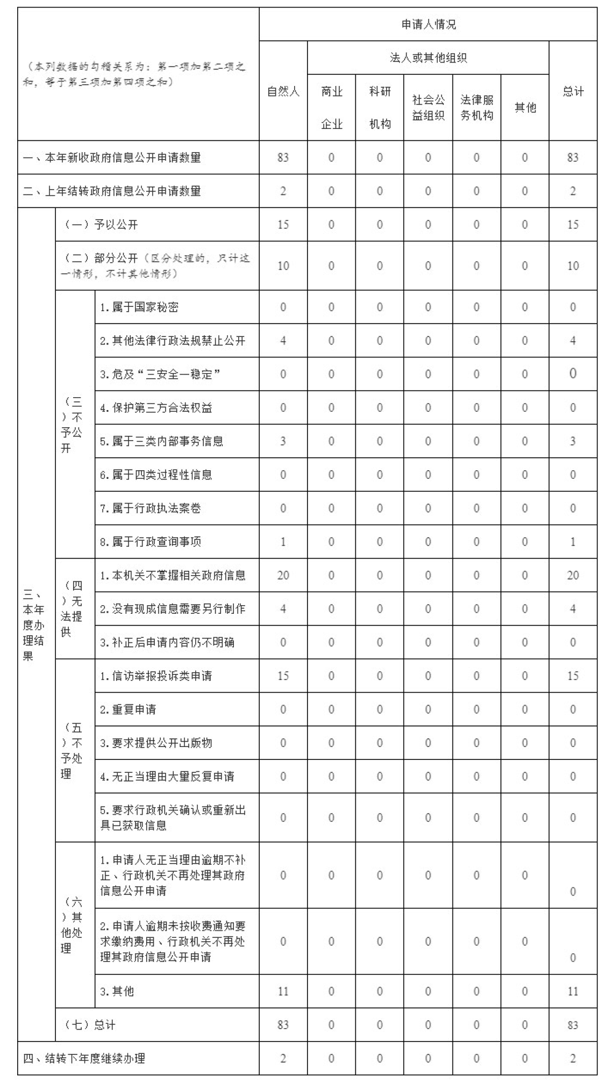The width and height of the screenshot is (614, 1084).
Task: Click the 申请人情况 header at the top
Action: tap(428, 25)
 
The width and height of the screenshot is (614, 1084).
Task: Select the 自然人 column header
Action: tap(283, 91)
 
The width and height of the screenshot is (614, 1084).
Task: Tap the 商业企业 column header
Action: tap(332, 107)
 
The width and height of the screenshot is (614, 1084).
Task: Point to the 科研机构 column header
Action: tap(379, 107)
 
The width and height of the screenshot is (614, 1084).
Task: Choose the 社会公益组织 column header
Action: tap(428, 107)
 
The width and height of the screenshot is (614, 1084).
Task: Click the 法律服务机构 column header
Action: tap(476, 107)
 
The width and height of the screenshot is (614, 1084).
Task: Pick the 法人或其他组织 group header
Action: tap(428, 58)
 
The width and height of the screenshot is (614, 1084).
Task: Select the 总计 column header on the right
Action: tap(573, 91)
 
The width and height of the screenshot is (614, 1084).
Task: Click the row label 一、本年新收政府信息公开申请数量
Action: tap(112, 158)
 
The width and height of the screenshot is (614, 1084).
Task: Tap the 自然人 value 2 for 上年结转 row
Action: tap(283, 191)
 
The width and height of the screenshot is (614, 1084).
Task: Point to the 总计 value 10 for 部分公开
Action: tap(573, 266)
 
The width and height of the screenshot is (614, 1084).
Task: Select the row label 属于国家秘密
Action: tap(139, 307)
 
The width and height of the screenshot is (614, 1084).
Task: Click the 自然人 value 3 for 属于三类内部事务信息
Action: tap(283, 441)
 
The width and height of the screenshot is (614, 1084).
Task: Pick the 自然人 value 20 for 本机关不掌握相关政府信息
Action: tap(283, 575)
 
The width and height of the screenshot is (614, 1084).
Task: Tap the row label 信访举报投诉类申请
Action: tap(156, 676)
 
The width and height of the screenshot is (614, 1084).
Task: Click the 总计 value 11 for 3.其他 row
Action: tap(573, 991)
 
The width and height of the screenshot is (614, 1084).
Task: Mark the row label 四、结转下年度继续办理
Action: tap(84, 1058)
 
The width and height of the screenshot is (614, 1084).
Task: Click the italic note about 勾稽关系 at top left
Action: tap(135, 74)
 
